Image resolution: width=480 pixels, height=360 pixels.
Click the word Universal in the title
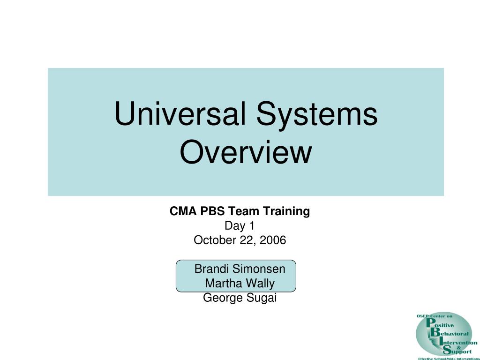click(x=180, y=113)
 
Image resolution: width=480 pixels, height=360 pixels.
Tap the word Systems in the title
click(x=317, y=115)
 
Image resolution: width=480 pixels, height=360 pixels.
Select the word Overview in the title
click(x=246, y=152)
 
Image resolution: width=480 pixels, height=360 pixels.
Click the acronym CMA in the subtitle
click(x=183, y=211)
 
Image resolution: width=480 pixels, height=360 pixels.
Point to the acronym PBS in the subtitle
click(x=212, y=211)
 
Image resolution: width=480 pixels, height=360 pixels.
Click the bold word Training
click(x=286, y=212)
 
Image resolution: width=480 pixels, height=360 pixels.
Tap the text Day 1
click(x=240, y=226)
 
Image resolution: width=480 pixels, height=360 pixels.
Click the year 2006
click(x=273, y=240)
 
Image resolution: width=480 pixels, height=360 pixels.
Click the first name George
click(x=223, y=298)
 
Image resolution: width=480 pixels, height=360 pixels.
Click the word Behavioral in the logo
click(x=450, y=333)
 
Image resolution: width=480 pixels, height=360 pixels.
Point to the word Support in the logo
click(x=457, y=351)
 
